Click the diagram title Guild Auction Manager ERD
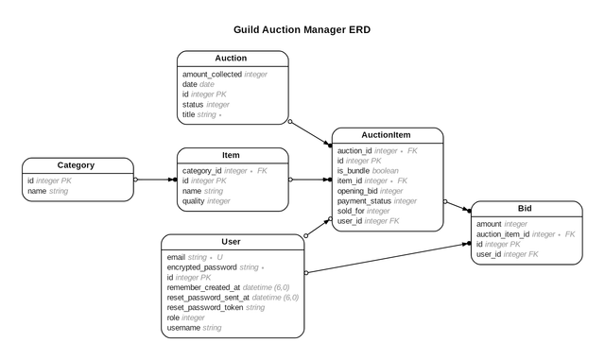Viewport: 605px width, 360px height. point(303,29)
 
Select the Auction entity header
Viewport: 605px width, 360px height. point(233,59)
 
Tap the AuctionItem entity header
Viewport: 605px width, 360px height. point(387,135)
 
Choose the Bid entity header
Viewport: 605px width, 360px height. point(525,209)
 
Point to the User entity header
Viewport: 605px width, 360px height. point(232,242)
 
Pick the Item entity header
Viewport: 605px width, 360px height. point(232,155)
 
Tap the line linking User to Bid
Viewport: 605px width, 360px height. point(388,258)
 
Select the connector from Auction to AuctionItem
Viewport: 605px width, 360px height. point(310,133)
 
